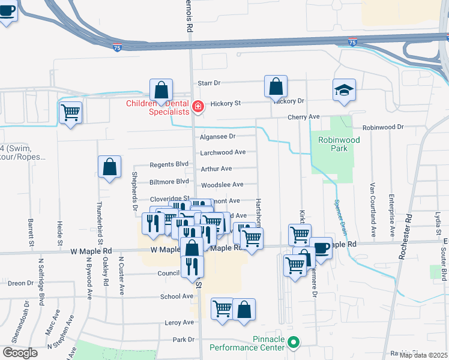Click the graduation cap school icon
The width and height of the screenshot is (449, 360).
pos(345,91)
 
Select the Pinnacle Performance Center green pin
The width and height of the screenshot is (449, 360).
pos(294,343)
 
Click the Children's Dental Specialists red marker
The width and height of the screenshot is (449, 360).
pos(197,108)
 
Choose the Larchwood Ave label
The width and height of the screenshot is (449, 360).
pos(223,152)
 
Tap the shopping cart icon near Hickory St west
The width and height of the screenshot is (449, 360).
pos(71,112)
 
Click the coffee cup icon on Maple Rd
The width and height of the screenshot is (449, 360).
pos(321,247)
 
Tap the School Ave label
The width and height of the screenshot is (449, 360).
pos(176,296)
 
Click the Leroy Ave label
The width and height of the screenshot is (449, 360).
pos(180,322)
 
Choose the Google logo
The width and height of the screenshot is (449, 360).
pos(20,353)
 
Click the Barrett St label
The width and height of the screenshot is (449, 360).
pos(30,232)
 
